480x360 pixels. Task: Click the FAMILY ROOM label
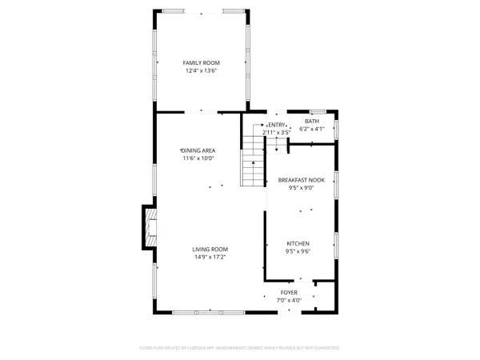click(x=201, y=62)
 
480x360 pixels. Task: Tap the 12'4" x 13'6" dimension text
click(x=201, y=70)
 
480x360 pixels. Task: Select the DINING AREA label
click(x=198, y=150)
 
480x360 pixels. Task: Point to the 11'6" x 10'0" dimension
click(x=198, y=158)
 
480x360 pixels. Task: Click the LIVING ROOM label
click(x=210, y=249)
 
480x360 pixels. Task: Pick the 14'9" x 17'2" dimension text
click(x=210, y=257)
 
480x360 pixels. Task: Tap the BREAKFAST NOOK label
click(x=300, y=181)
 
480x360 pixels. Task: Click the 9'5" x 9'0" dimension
click(x=300, y=189)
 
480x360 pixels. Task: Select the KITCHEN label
click(x=298, y=243)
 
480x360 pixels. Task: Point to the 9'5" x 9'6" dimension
click(x=298, y=251)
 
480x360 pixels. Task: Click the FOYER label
click(x=289, y=293)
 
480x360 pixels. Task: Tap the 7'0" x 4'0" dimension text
click(x=289, y=301)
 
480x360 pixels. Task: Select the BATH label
click(x=311, y=121)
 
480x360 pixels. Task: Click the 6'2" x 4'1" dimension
click(x=311, y=129)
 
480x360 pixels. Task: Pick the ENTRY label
click(x=277, y=125)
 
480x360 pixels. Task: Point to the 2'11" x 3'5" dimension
click(x=277, y=132)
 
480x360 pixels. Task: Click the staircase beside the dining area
click(x=253, y=160)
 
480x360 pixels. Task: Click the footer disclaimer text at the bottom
click(x=240, y=348)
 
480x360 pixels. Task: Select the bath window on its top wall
click(x=314, y=110)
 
